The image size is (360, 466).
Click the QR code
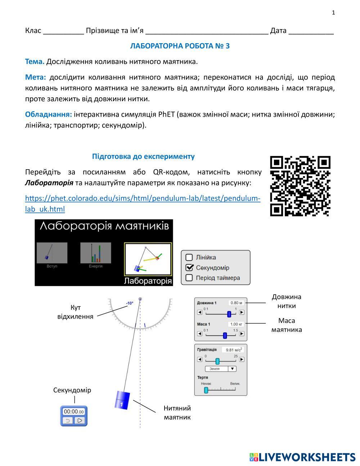point(300,186)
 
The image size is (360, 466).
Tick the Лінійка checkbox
point(189,257)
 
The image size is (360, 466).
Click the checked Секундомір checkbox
point(189,268)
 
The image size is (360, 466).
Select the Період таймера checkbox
point(189,278)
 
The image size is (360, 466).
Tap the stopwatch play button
point(80,420)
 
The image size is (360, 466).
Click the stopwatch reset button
point(67,420)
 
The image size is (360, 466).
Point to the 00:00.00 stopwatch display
point(73,412)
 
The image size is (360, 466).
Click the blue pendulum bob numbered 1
point(122,400)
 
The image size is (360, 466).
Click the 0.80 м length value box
point(236,303)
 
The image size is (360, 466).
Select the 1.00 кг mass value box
point(236,324)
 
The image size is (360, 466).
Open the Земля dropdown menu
point(220,369)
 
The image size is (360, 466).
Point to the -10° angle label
point(130,303)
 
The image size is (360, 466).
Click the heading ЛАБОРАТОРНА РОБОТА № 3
point(180,46)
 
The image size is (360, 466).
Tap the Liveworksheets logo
point(302,457)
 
